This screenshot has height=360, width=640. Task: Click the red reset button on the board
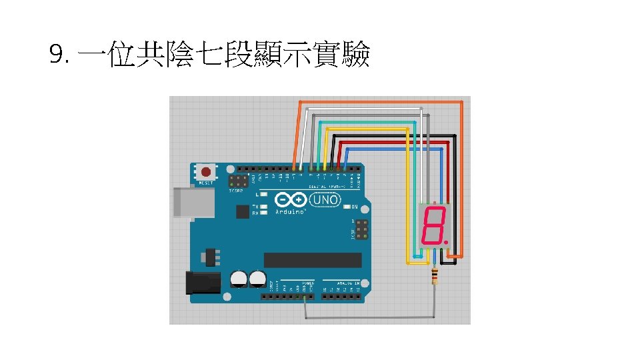(x=205, y=173)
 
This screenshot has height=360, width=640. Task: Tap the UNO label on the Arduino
(x=327, y=199)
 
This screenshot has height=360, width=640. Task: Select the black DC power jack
(x=203, y=283)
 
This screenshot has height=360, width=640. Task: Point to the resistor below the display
(x=435, y=275)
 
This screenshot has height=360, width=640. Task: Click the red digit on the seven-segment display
(x=434, y=225)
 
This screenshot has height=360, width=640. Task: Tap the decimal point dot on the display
(x=447, y=243)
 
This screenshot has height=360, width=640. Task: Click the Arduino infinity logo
(x=290, y=200)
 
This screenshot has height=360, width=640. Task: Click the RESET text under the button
(x=205, y=183)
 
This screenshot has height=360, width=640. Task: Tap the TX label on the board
(x=255, y=207)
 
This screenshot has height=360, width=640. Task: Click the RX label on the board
(x=255, y=213)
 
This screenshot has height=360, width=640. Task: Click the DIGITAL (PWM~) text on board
(x=327, y=187)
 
